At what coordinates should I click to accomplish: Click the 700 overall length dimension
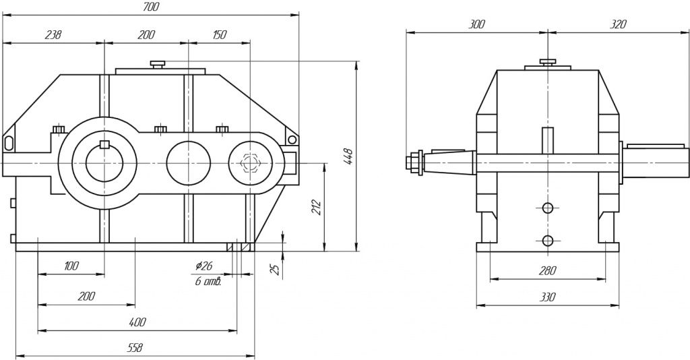coord(151,7)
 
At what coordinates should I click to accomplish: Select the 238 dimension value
coord(52,35)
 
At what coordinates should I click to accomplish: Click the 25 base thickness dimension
coord(274,269)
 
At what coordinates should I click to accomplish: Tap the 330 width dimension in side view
coord(547,297)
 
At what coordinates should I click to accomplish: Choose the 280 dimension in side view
coord(547,271)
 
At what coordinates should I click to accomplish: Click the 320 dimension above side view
coord(617,24)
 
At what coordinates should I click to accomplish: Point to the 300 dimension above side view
coord(476,24)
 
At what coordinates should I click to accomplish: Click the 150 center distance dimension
coord(219,35)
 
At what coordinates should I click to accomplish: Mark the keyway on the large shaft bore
coord(104,144)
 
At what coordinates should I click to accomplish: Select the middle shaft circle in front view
coord(189,162)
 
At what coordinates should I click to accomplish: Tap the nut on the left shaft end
coord(412,162)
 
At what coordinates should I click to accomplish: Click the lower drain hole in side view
coord(548,240)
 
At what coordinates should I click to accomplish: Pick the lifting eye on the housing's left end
coord(9,142)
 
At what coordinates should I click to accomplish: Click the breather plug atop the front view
coord(158,64)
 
